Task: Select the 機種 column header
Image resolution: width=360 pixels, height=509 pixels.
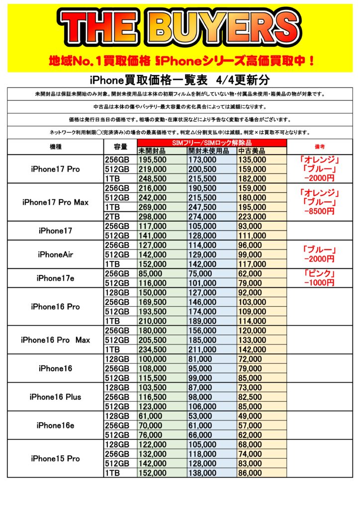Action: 55,147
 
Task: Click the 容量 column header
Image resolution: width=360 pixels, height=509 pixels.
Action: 120,147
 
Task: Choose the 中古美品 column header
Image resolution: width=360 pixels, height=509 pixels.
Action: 252,151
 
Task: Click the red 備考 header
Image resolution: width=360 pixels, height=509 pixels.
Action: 320,147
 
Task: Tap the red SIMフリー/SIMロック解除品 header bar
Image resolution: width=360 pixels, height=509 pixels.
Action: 212,143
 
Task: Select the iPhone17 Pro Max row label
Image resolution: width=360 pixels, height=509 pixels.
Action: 55,202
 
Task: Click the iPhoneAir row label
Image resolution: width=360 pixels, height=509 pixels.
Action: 55,254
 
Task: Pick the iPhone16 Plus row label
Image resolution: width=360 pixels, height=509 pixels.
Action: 55,397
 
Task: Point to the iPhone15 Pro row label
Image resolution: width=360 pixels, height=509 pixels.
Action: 55,458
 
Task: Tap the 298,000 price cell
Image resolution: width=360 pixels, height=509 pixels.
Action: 153,216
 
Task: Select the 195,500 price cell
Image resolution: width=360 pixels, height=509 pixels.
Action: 153,160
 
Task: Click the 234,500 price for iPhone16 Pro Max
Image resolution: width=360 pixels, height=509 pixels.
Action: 153,349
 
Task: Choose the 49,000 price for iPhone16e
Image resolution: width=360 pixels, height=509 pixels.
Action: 250,416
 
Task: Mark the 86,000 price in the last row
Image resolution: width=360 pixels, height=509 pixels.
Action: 250,473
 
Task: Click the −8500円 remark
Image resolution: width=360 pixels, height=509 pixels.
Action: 320,211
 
